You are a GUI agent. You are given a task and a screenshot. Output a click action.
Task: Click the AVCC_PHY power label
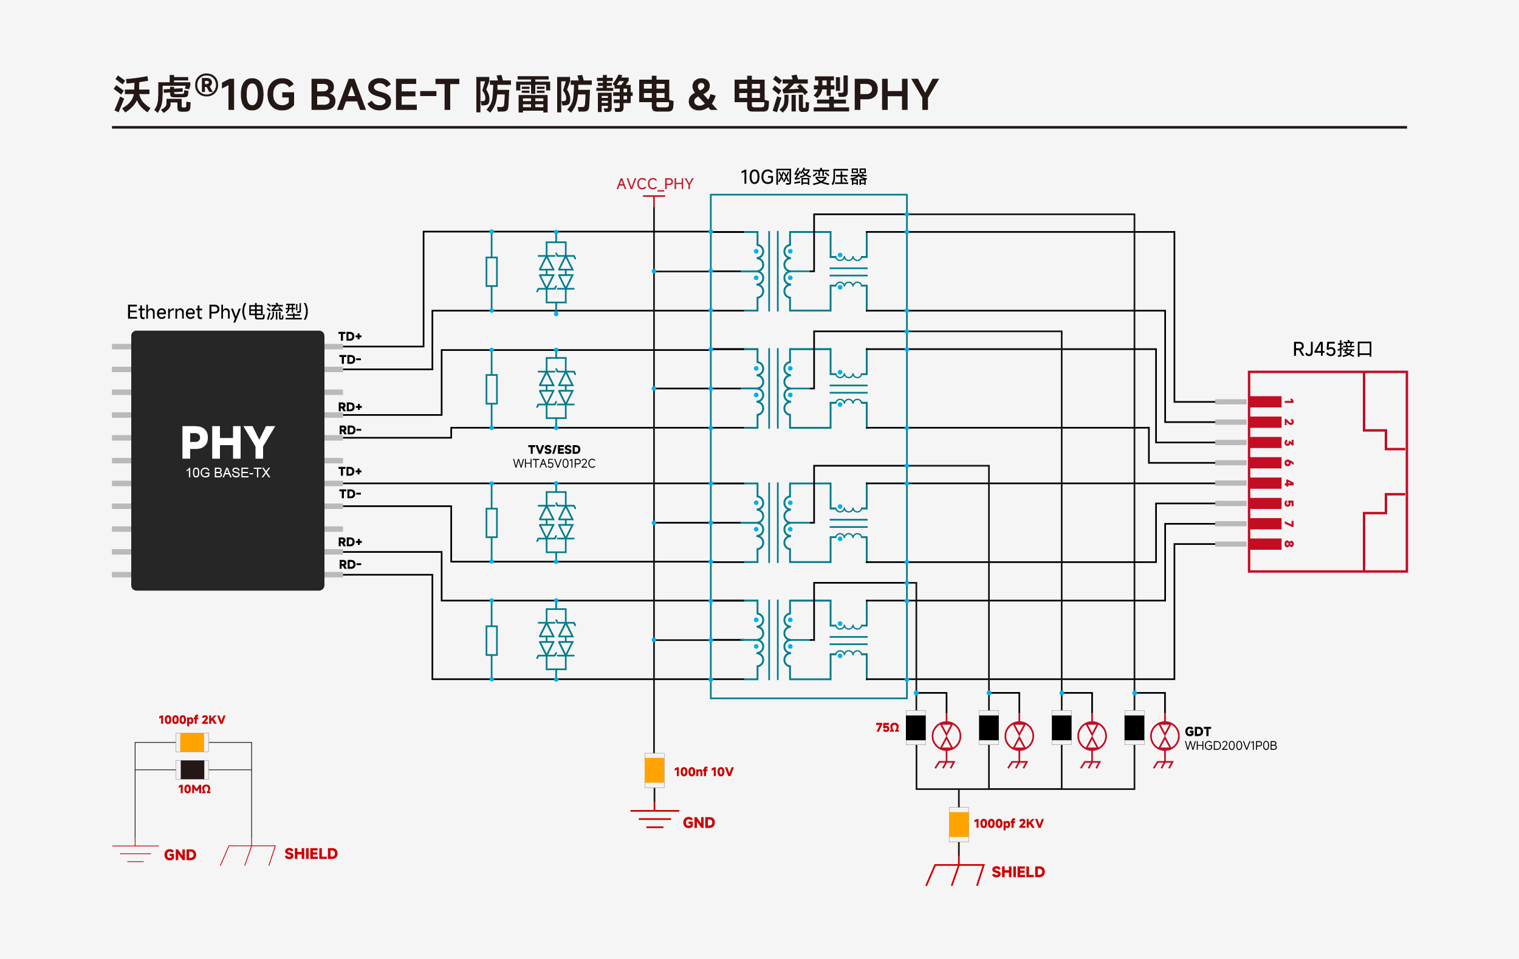655,184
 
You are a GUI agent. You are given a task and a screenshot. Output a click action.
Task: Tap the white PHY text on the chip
228,443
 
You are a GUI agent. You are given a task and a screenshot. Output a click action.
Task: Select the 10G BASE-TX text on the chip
228,473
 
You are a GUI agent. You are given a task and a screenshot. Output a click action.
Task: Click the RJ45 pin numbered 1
1265,401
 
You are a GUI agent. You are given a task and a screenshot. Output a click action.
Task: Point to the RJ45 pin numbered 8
1265,544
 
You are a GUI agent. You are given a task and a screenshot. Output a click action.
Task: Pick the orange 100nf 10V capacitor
654,770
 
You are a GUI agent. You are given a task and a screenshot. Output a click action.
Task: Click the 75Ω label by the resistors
887,728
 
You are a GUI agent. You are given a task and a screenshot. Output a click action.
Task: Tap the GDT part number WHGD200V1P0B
1230,746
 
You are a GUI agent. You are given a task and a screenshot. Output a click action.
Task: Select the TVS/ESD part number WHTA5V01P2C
554,463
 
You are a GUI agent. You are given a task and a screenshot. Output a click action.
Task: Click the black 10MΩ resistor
193,770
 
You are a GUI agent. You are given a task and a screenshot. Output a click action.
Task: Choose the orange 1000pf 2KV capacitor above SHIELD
958,824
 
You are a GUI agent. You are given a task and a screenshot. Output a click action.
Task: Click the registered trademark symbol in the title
206,85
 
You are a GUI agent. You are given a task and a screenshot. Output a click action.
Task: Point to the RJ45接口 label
1332,349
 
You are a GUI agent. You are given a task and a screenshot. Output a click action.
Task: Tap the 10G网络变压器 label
804,177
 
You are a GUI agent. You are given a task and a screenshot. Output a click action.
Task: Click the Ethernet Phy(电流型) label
218,312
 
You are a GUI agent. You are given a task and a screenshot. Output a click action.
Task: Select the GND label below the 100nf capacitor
699,823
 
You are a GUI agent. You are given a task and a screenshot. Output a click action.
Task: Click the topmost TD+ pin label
350,336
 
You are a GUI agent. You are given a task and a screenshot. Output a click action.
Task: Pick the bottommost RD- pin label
350,564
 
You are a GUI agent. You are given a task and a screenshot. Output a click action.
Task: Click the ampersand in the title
702,95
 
